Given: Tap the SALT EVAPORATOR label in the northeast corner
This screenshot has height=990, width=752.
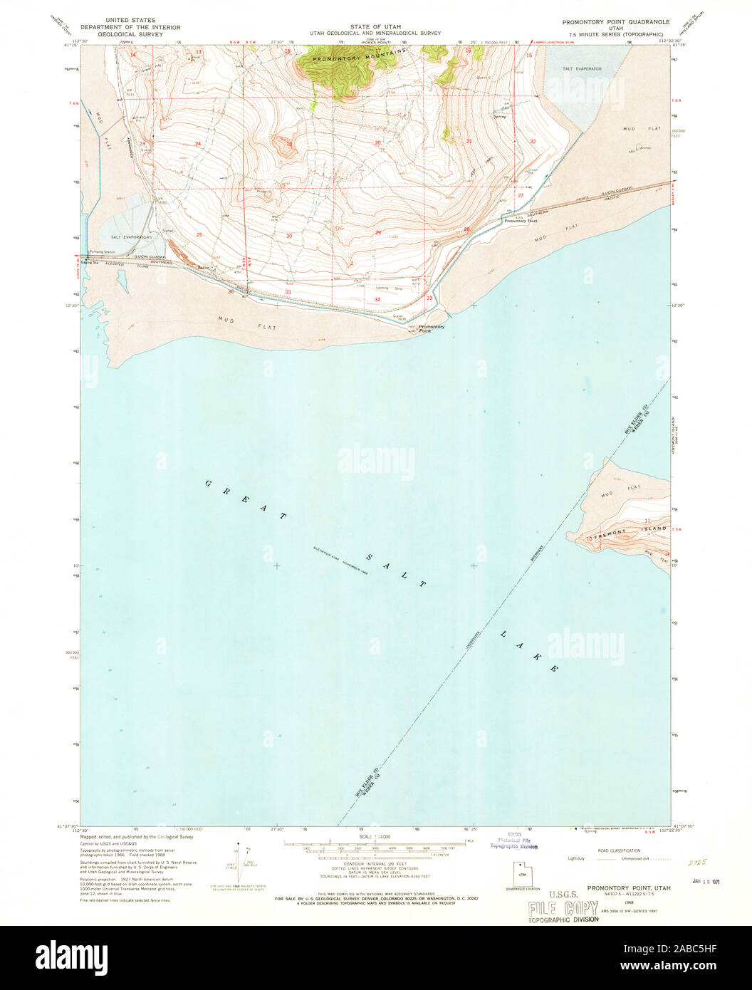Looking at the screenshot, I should (582, 68).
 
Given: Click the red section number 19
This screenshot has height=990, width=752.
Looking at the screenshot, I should (289, 144).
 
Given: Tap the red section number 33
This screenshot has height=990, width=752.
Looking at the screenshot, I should (429, 298).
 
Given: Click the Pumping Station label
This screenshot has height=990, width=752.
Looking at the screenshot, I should (100, 252).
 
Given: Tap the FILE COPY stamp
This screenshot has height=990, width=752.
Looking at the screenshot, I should (563, 908).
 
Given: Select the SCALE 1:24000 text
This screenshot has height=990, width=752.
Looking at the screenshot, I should (376, 838).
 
